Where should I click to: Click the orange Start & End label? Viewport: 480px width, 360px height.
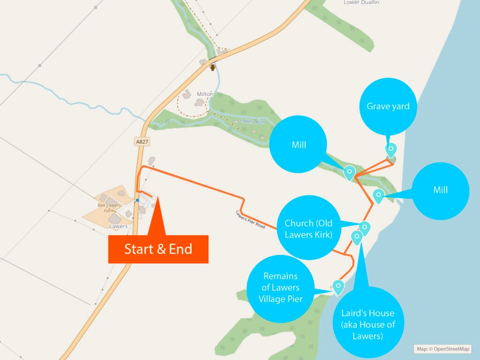coord(158,249)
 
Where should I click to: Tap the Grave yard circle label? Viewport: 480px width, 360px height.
coord(388,106)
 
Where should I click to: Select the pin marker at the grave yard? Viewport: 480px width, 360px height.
coord(390,150)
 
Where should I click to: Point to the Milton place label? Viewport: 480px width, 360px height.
coord(205,94)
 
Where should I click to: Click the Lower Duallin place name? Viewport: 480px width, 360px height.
coord(361,2)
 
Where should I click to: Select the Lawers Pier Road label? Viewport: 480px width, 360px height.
coord(250,219)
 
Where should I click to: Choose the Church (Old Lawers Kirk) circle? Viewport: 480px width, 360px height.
coord(308,228)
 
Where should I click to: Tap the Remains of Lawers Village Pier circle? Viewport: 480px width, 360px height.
coord(280,287)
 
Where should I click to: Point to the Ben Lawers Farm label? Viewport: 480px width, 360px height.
coord(109,208)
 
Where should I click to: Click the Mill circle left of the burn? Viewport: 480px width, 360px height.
coord(299,145)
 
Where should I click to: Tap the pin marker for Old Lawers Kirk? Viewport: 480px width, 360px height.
coord(365,228)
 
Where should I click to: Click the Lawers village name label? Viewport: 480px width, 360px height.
coord(118,226)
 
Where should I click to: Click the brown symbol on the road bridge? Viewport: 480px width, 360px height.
coord(213,67)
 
